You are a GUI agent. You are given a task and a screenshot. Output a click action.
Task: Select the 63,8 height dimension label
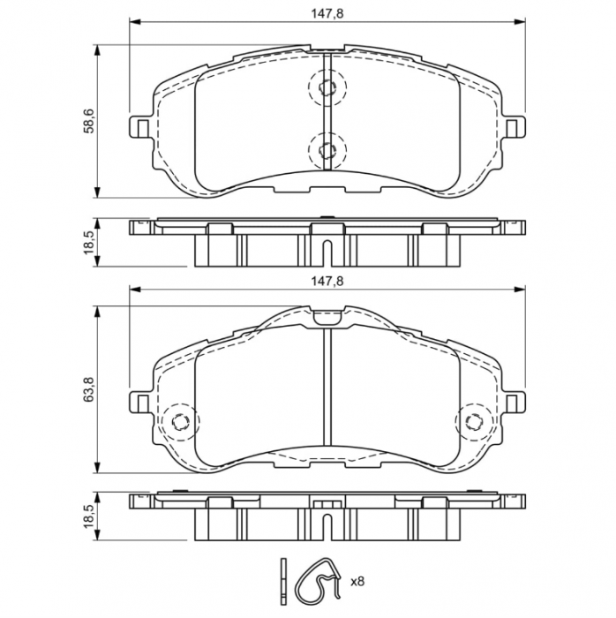click(x=87, y=388)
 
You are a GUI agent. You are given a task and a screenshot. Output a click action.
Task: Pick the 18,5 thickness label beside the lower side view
click(x=87, y=515)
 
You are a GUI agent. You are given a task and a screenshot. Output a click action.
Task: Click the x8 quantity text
click(x=358, y=582)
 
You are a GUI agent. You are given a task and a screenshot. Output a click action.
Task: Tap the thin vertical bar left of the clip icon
click(x=282, y=580)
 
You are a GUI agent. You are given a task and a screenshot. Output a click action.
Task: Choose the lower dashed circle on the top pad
click(x=327, y=147)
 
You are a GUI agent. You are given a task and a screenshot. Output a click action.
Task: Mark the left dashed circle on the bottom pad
click(x=179, y=420)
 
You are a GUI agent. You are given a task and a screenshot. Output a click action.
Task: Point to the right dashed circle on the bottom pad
click(x=473, y=420)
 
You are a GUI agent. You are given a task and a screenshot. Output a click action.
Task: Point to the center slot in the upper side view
click(x=327, y=252)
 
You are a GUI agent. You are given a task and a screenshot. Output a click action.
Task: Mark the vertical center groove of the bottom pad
click(x=327, y=388)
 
